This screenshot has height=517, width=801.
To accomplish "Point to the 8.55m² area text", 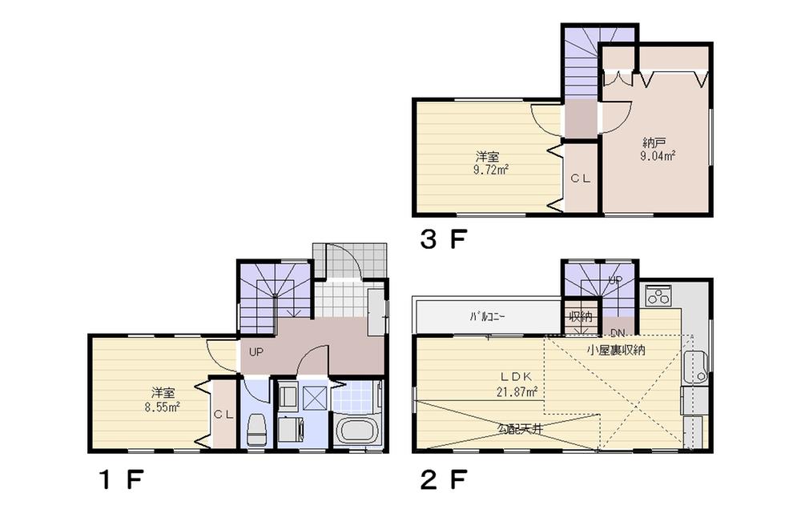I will (163, 406).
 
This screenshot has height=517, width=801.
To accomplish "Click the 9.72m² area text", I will (492, 169).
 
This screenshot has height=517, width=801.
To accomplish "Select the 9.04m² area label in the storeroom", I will (657, 156).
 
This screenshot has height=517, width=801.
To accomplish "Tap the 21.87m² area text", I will (517, 391).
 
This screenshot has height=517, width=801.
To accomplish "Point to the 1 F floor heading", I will (120, 481).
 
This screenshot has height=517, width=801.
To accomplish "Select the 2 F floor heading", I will (443, 481).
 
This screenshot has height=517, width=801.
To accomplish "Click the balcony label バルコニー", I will (487, 317).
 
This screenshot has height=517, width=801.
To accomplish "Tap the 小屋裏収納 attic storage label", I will (616, 350).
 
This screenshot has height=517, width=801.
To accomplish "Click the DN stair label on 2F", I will (617, 331).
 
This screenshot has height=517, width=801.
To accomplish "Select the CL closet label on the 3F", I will (580, 179).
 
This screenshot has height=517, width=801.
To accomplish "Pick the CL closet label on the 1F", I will (223, 414).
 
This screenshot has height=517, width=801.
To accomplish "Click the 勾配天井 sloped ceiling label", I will (520, 428).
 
